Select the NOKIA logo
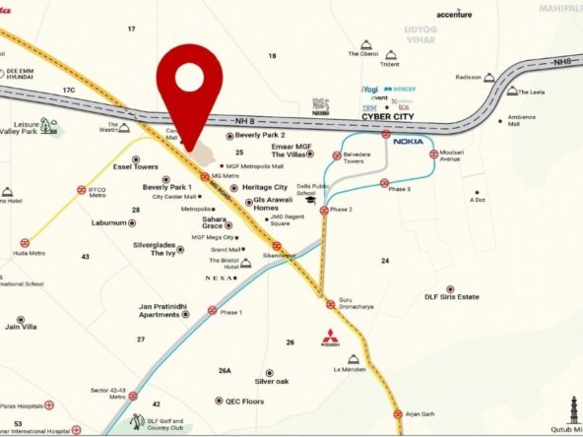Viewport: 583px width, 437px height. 408,142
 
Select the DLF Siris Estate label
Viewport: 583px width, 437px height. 451,296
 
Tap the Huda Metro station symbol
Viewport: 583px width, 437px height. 25,241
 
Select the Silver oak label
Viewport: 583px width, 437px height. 271,381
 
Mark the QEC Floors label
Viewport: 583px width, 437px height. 244,402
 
